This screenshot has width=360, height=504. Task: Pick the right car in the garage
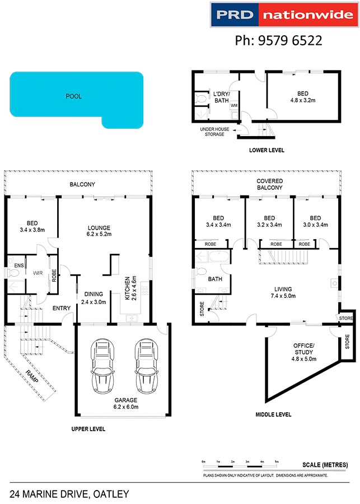[x=144, y=367]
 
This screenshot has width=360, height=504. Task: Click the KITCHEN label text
[x=128, y=287]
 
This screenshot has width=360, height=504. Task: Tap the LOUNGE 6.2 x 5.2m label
[x=99, y=231]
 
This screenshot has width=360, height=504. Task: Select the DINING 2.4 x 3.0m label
[x=94, y=298]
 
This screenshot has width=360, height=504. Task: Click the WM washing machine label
[x=234, y=105]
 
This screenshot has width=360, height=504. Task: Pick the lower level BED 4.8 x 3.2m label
[x=302, y=99]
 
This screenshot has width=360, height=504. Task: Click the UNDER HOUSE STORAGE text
[x=212, y=132]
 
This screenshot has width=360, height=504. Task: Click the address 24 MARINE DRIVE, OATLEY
[x=69, y=494]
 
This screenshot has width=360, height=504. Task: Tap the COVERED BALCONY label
[x=270, y=185]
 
